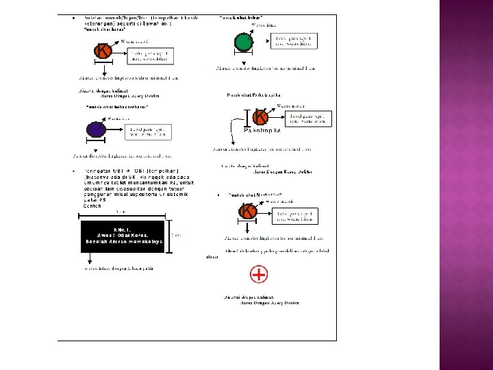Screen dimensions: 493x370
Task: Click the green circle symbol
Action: (x=243, y=42)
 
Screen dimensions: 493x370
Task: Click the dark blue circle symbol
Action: (x=95, y=129)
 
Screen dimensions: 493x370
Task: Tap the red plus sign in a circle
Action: (x=259, y=275)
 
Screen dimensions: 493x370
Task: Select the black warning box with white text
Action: (x=123, y=236)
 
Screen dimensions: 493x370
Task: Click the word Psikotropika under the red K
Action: (x=262, y=130)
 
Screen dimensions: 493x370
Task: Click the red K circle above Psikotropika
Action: (x=260, y=118)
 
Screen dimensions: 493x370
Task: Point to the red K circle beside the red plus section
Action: (x=249, y=212)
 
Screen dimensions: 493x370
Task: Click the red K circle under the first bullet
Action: (x=103, y=51)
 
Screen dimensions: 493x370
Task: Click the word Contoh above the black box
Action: (x=92, y=206)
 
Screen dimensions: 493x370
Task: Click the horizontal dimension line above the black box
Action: (x=123, y=215)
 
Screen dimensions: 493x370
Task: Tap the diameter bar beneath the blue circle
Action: (x=95, y=146)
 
